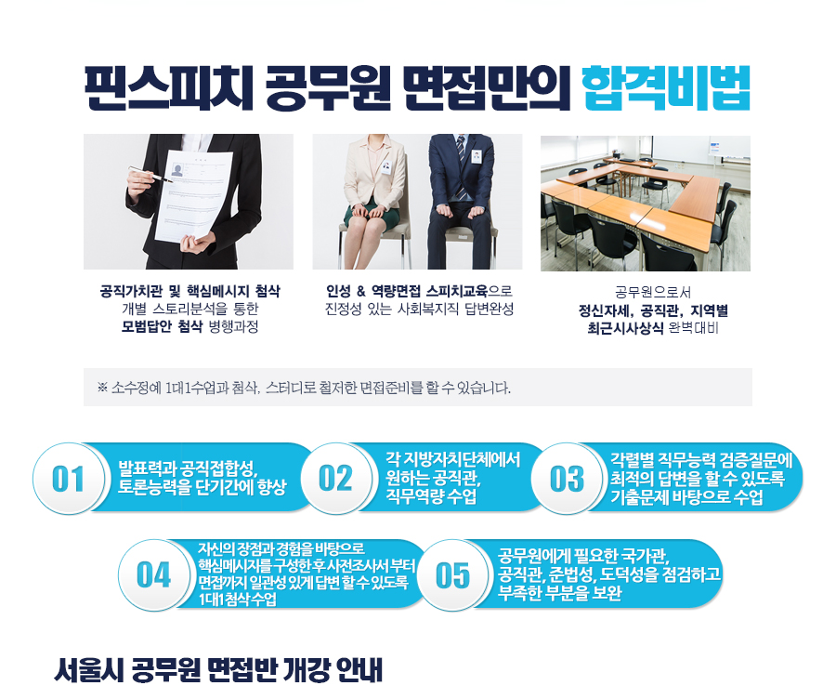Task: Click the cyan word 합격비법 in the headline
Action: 666,88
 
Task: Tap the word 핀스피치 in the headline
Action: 168,88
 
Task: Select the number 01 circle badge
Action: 68,478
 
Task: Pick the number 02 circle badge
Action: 336,478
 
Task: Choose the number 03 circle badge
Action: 568,478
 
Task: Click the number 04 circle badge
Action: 153,574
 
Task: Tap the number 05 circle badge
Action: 452,574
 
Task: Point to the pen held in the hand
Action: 150,175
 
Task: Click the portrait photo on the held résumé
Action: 177,170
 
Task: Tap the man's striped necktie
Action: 460,165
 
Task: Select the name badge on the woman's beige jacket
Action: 386,166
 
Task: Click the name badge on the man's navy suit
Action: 477,156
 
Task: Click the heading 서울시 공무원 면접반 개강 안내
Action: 218,670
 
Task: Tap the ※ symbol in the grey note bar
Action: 102,388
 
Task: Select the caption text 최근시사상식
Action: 625,327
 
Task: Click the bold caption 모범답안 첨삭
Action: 162,326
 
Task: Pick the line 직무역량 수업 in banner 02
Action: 431,496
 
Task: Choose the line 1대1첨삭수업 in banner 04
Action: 237,599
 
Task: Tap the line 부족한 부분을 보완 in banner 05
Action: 560,593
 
